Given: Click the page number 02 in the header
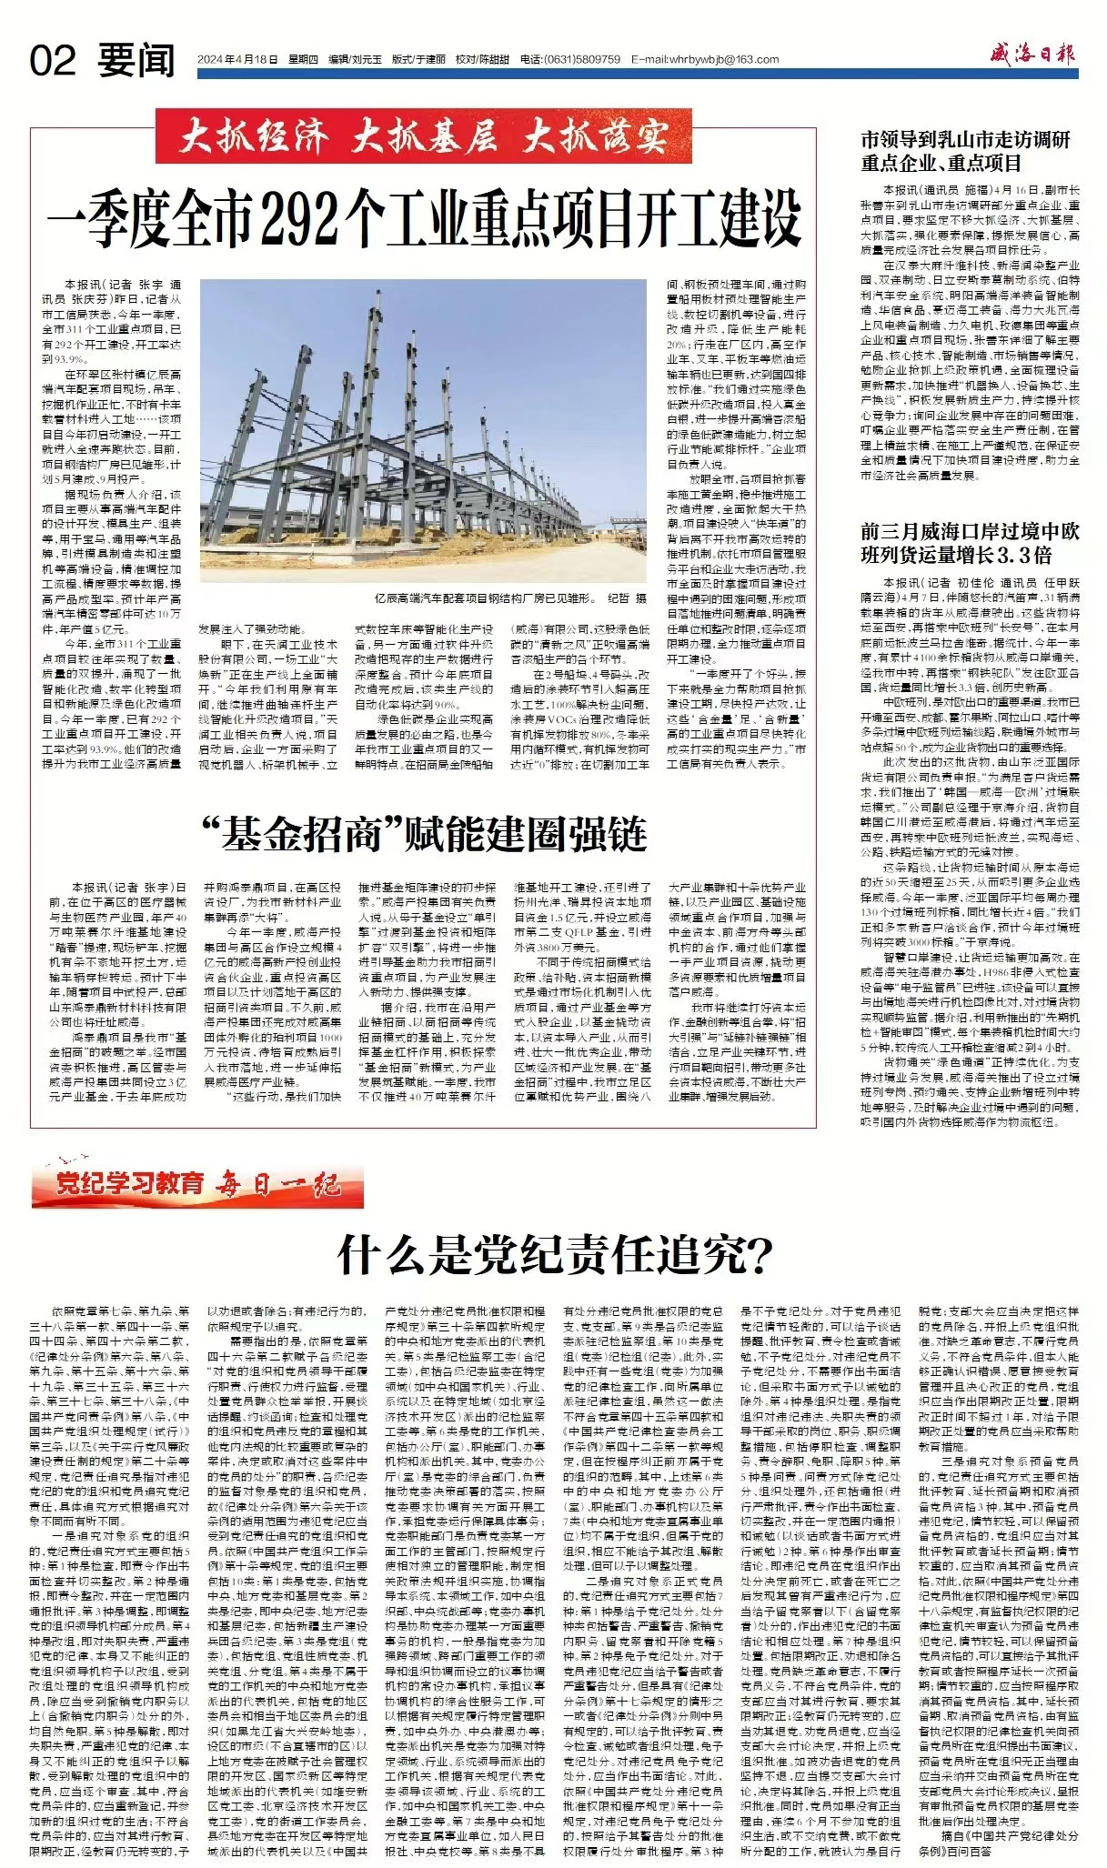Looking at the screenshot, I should click(x=53, y=61).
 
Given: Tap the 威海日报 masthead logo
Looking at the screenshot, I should click(x=1032, y=56).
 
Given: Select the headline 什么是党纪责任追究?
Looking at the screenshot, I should click(x=554, y=1256).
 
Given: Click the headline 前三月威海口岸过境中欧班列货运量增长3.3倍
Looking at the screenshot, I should click(x=970, y=543).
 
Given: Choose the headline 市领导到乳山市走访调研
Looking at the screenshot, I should click(x=965, y=140).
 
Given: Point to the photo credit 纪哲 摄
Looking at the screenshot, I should click(x=628, y=598).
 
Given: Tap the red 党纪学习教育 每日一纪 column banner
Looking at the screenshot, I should click(x=196, y=1183).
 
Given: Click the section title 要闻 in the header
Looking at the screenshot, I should click(x=136, y=61).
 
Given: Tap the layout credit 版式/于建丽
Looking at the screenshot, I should click(x=418, y=59).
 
